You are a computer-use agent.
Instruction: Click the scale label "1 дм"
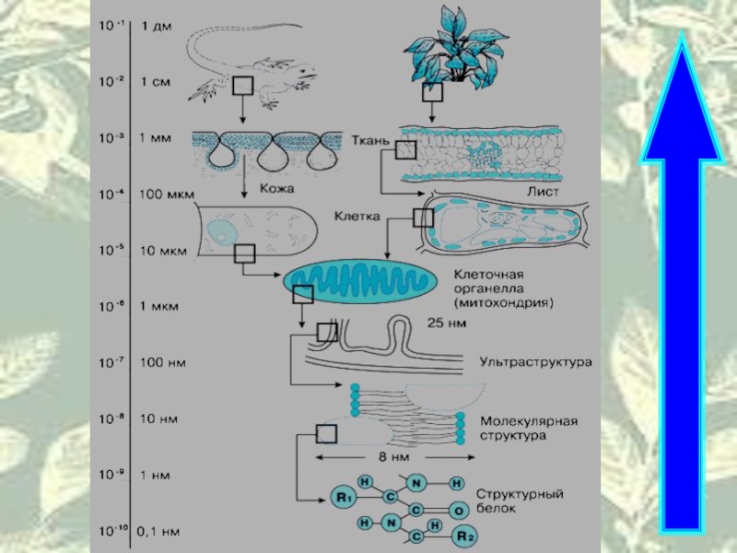click(157, 27)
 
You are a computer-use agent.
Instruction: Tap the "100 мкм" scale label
click(167, 194)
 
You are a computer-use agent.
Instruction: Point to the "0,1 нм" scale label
click(158, 532)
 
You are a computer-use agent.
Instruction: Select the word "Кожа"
click(277, 189)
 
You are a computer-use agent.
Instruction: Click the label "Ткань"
click(370, 140)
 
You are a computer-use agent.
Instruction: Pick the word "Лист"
click(543, 192)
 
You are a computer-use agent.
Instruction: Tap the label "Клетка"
click(357, 217)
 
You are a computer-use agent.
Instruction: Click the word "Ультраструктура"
click(535, 362)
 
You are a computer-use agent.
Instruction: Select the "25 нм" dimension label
click(447, 324)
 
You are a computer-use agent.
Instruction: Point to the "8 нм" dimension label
click(394, 456)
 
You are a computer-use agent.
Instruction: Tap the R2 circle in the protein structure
click(464, 535)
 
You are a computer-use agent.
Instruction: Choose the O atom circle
click(459, 511)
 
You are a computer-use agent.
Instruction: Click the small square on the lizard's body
click(242, 86)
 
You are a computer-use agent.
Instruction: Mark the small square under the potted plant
click(432, 91)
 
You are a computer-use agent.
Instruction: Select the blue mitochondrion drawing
click(360, 281)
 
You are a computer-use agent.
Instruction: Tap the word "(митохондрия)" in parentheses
click(503, 303)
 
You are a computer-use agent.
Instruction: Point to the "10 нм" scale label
click(159, 418)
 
